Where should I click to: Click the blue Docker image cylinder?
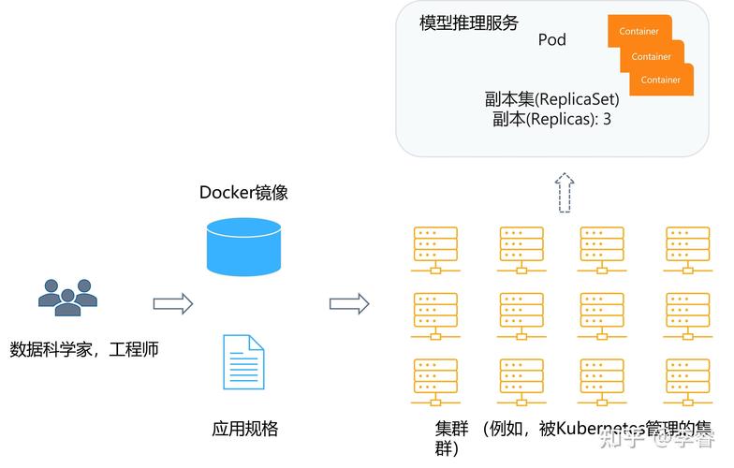243,246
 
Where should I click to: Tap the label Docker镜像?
243,193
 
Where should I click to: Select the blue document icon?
243,361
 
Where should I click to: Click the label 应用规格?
244,429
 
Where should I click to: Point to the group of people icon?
67,297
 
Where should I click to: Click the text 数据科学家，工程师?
84,349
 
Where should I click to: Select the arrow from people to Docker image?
172,303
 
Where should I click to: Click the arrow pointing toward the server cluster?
349,303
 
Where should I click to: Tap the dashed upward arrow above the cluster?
563,194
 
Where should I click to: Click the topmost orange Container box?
639,31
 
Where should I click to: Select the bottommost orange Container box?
661,80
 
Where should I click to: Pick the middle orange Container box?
651,56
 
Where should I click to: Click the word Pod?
551,40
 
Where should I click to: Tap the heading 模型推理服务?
468,22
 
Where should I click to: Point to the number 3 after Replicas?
607,120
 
